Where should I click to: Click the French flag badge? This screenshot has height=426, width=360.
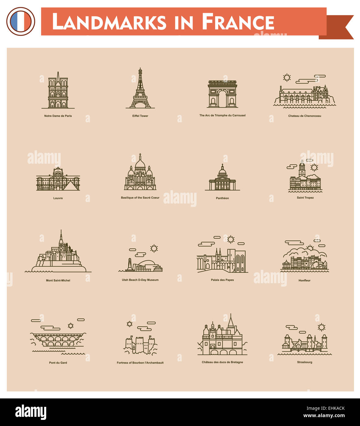click(x=21, y=21)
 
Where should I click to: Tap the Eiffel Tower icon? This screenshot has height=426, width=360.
click(x=140, y=89)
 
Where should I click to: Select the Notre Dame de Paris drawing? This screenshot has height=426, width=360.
click(x=58, y=91)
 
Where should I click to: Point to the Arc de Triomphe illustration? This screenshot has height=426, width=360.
click(x=223, y=94)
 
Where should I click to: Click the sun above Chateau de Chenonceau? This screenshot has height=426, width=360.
click(x=287, y=78)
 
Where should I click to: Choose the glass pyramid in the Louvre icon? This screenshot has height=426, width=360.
click(x=70, y=186)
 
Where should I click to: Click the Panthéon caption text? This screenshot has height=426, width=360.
click(x=222, y=198)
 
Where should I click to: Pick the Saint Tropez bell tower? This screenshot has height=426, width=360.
click(x=302, y=169)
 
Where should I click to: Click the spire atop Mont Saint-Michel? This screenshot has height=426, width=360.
click(x=61, y=236)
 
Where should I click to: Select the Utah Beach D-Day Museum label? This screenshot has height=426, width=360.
click(x=140, y=280)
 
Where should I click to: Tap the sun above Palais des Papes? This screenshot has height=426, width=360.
click(x=231, y=239)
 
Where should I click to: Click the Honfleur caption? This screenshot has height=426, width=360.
click(x=305, y=280)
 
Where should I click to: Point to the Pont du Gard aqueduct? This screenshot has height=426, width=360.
click(x=58, y=340)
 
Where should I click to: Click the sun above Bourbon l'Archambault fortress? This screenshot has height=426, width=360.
click(x=129, y=324)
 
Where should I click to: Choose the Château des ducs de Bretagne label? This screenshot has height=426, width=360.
click(x=222, y=362)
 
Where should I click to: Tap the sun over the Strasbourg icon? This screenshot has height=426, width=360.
click(x=321, y=327)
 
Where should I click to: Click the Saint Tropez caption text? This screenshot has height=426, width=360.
click(x=305, y=198)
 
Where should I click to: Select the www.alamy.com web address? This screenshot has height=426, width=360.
click(x=324, y=416)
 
